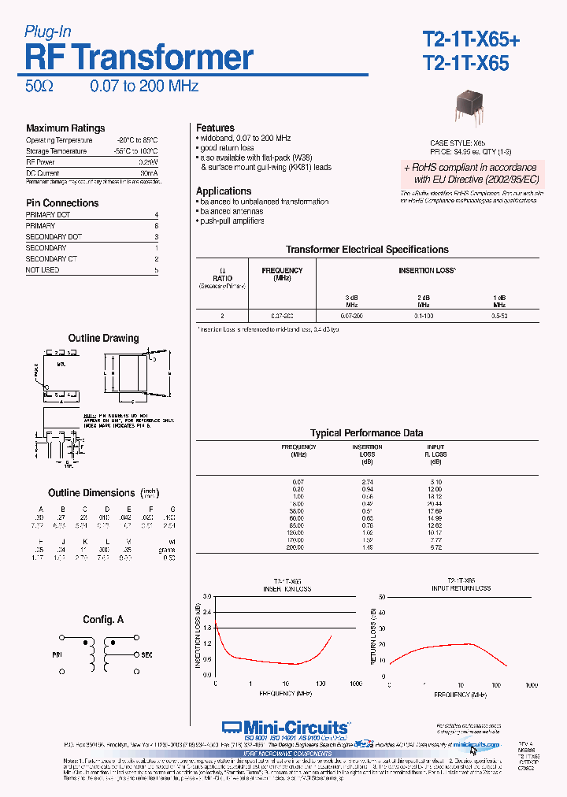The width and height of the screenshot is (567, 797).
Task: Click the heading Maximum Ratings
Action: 65,128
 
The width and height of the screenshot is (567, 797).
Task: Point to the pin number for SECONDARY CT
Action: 157,259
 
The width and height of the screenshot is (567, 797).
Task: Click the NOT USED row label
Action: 43,270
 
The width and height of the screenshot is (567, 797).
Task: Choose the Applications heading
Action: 224,191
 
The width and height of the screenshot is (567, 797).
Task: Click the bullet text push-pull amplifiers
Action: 232,221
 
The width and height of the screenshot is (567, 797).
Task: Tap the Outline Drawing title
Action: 103,339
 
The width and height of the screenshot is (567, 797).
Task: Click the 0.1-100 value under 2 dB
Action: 423,316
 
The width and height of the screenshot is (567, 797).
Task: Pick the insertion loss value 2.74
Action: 366,480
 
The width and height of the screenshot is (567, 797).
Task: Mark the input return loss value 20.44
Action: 435,503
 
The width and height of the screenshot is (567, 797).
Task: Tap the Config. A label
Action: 103,621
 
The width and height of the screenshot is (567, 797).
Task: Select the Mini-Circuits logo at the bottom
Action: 284,727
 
